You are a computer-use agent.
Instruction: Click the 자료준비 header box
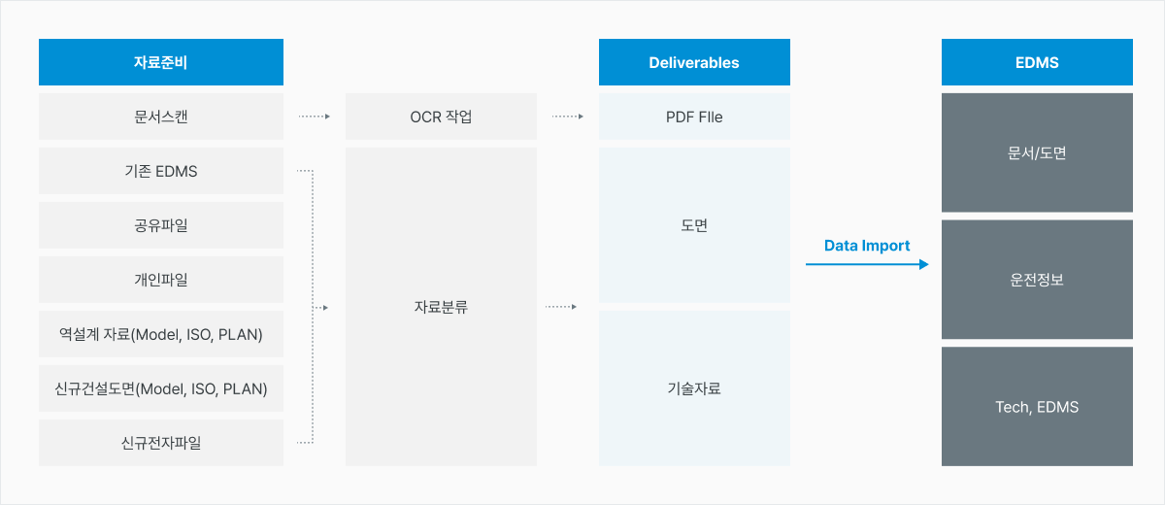click(161, 62)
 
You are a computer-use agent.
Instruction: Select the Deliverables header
click(694, 62)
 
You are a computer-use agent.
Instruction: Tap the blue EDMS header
click(1037, 62)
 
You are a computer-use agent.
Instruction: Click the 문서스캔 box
click(161, 117)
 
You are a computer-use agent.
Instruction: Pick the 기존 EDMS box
click(161, 171)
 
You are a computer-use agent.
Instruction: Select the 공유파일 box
click(161, 225)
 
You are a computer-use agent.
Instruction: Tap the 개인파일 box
click(161, 280)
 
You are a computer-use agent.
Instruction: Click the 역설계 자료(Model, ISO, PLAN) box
click(161, 334)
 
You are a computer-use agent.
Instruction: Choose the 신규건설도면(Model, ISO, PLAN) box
click(161, 388)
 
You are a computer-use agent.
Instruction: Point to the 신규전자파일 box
click(161, 443)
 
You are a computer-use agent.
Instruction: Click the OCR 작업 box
click(441, 117)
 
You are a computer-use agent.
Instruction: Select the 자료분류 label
click(441, 307)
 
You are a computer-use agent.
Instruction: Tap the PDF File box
click(694, 117)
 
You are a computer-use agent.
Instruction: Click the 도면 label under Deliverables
click(694, 225)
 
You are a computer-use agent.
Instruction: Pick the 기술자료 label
click(694, 388)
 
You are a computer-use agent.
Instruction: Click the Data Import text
click(867, 246)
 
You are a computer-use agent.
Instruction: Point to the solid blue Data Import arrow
click(867, 264)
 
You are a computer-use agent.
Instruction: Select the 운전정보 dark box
click(1037, 280)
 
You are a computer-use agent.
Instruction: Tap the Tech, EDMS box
click(1037, 407)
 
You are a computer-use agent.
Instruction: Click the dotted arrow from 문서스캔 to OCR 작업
click(315, 117)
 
